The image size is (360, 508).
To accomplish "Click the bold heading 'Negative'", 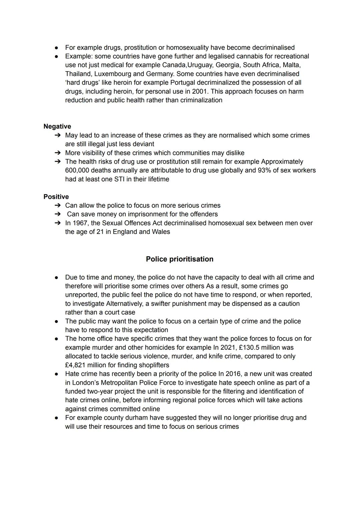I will [57, 126].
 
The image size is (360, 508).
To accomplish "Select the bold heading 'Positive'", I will [56, 197].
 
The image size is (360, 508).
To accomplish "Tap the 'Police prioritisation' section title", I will [179, 259].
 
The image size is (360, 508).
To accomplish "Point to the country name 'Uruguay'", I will [199, 65].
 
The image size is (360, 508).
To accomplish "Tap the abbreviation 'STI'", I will [120, 179].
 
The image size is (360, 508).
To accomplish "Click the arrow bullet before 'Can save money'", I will [58, 214].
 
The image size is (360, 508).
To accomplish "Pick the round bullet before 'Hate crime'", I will [57, 374].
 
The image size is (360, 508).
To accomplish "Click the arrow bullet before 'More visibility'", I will [58, 153].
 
